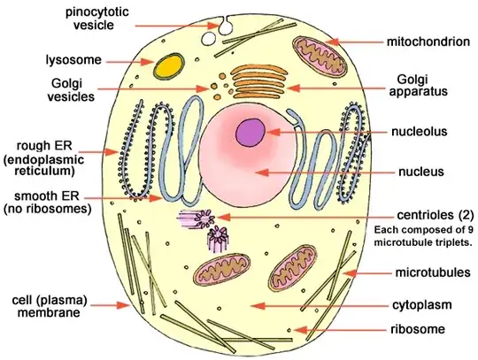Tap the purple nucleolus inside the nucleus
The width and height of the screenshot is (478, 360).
coord(251,133)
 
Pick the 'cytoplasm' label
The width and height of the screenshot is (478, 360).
coord(420,305)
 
